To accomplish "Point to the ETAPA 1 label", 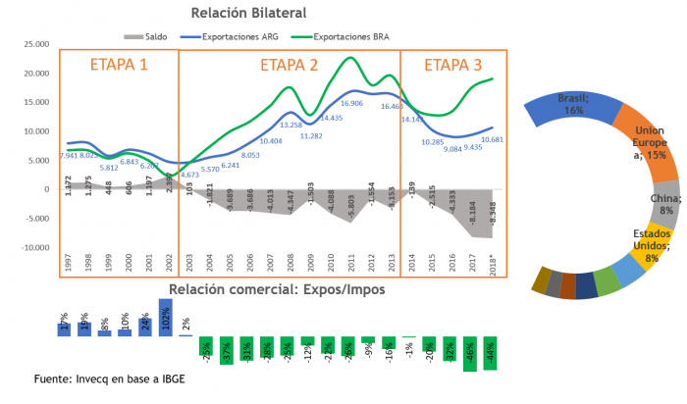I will point(119,66).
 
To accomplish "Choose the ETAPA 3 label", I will point(453,66).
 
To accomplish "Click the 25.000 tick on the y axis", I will point(36,44).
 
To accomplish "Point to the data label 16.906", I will point(351,103).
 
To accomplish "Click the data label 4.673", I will point(188,175).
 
